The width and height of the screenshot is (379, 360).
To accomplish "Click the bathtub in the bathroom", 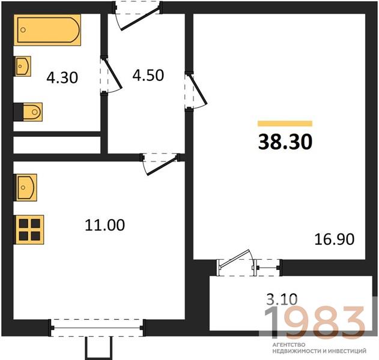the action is tap(47, 30).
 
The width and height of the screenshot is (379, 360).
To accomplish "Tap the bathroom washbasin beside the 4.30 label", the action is tap(23, 66).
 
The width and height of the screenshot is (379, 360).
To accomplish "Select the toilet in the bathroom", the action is tap(32, 112).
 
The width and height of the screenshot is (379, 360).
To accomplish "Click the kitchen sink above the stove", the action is tap(26, 187).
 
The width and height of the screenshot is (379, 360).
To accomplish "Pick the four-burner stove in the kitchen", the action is tap(29, 230).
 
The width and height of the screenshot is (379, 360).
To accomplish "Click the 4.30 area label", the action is tap(62, 78).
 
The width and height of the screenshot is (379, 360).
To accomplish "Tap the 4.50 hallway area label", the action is tap(148, 75).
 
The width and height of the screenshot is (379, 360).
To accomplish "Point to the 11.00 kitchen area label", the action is tap(105, 225).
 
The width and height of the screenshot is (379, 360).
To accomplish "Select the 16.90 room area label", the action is tap(335, 239).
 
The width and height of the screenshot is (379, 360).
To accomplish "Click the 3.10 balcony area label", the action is tap(282, 299).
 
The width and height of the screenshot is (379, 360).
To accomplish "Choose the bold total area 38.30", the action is tap(285, 142).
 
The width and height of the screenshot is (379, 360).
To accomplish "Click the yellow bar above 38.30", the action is tap(285, 124).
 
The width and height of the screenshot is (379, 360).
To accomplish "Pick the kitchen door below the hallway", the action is tap(160, 164).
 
